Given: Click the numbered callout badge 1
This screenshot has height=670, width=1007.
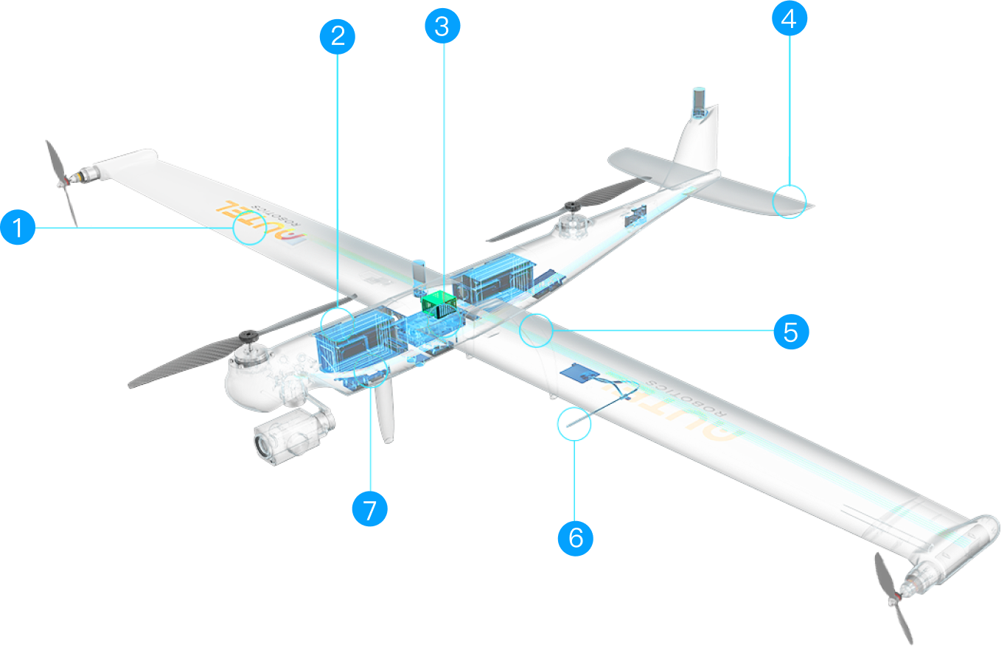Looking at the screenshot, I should pos(18,228).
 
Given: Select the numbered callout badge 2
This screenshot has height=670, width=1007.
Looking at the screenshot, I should pos(338,36).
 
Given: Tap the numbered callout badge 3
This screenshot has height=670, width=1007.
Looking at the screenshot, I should pos(442,27).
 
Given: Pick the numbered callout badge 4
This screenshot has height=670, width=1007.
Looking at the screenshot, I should pos(789,18).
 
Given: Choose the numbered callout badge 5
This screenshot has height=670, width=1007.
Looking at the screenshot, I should pos(791,332).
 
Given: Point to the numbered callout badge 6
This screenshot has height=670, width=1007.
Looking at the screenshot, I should pos(576,537).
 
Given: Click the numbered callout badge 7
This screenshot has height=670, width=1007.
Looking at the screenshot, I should pos(370,509).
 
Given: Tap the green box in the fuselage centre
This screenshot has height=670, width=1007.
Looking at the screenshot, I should pos(439,304).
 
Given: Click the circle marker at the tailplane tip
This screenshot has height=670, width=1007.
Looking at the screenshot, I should pos(790,202).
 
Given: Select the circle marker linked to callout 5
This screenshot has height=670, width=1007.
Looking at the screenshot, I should pos(536,330).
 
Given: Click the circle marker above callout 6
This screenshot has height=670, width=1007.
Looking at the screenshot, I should pos(575,424).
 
